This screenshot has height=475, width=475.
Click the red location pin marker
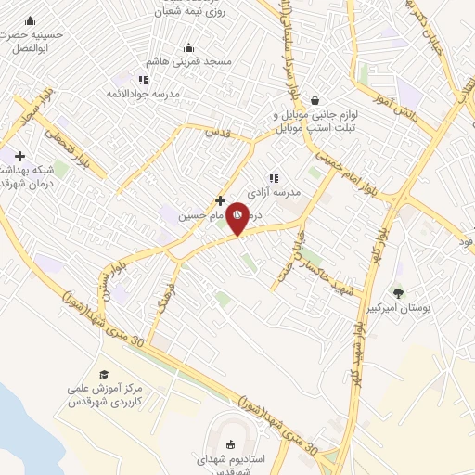coord(237,217)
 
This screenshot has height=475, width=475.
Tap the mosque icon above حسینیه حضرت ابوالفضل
coord(31,21)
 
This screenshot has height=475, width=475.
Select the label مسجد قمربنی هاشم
coord(193,62)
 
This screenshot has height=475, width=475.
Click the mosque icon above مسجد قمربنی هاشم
coord(189,48)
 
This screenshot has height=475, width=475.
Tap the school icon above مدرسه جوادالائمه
coord(142,80)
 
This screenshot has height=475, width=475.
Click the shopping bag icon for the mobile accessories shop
coord(315,100)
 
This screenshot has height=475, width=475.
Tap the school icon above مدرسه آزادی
coord(274,177)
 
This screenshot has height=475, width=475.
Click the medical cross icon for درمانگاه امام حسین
coord(220,199)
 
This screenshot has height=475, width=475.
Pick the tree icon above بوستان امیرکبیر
coord(399,293)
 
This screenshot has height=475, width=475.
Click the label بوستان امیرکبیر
coord(402,307)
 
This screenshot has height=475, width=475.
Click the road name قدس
coord(217,132)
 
